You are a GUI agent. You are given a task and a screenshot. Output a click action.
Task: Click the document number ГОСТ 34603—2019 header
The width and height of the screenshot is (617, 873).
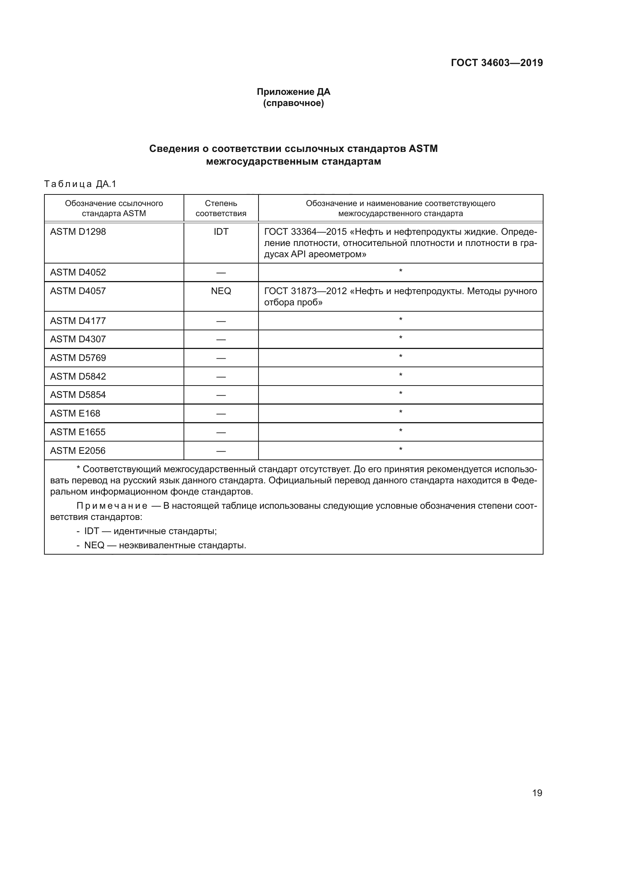497,63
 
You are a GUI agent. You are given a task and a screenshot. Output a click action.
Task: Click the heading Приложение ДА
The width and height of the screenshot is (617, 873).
293,92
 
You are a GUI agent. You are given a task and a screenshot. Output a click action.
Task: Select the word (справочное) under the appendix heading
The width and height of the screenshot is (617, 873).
293,103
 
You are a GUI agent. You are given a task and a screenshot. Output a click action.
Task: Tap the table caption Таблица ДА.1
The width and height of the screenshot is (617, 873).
80,184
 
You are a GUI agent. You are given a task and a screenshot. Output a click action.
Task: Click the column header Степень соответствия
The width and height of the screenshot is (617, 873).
221,208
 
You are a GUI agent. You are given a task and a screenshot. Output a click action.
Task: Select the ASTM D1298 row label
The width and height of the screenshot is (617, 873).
78,231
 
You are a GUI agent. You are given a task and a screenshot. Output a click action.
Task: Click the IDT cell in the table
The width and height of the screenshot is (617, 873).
221,231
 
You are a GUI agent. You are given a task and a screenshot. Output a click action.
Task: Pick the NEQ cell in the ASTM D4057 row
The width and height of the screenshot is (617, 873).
221,291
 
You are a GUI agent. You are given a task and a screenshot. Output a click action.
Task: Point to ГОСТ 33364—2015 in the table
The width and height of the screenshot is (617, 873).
305,231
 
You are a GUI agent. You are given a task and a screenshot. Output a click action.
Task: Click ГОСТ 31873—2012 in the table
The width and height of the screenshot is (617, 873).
305,291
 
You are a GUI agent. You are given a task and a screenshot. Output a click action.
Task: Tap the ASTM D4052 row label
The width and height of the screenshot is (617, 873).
78,272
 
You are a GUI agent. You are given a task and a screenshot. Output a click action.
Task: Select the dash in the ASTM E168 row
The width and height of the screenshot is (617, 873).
221,414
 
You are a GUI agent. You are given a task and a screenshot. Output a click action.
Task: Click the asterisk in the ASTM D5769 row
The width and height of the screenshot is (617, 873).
400,357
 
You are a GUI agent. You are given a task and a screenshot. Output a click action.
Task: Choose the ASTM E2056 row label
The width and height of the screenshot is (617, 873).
78,450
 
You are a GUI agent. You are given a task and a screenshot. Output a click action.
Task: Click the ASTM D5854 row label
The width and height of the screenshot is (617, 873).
78,395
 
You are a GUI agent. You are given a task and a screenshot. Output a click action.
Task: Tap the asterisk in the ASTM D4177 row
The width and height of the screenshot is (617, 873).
400,320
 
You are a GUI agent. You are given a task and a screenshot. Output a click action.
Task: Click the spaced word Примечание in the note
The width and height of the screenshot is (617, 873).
112,506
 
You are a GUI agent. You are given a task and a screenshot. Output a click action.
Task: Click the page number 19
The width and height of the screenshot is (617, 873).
537,793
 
